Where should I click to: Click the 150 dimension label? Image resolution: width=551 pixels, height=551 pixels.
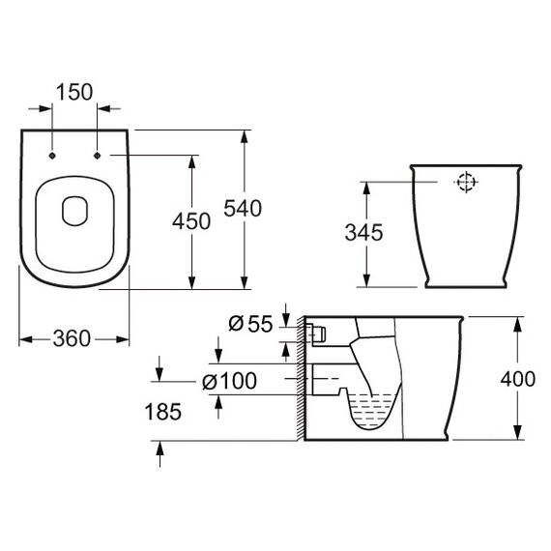[x=74, y=92]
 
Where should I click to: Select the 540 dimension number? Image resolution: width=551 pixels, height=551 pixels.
[x=243, y=208]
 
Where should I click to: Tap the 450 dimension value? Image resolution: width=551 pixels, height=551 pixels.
[x=191, y=221]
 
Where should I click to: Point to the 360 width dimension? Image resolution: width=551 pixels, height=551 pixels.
[x=72, y=338]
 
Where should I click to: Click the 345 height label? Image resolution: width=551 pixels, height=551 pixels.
[x=363, y=232]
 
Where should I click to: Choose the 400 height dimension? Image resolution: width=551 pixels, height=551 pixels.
[x=518, y=379]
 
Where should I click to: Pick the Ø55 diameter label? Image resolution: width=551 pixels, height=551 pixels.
[x=250, y=324]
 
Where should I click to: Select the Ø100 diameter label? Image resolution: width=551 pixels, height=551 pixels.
[x=229, y=381]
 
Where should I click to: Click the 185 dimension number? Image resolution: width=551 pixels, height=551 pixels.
[x=163, y=412]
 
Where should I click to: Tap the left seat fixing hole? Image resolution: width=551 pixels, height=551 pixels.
[x=52, y=156]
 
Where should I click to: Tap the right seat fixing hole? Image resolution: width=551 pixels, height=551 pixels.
[x=97, y=156]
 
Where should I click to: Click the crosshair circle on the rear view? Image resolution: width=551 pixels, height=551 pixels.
[x=466, y=182]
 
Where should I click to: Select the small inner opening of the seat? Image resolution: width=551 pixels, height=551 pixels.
[x=74, y=211]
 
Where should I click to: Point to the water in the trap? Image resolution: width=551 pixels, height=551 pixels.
[x=371, y=411]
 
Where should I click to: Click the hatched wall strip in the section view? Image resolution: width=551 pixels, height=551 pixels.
[x=301, y=378]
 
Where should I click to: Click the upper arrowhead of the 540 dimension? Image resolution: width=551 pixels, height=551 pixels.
[x=245, y=136]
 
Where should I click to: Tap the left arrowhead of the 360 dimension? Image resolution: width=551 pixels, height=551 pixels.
[x=26, y=339]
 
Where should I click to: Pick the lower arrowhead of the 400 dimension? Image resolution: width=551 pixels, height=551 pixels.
[x=517, y=432]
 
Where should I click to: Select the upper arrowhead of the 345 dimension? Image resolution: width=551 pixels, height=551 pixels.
[x=366, y=188]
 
